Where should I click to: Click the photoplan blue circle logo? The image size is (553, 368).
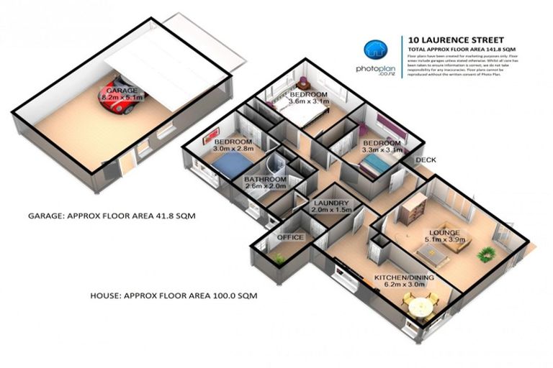coord(374,50)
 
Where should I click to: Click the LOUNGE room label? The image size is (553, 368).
coord(444,233)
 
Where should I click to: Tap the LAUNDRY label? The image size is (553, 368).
coord(331,203)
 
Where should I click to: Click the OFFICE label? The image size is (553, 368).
coord(290,237)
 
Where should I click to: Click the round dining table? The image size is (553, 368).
coord(419,309)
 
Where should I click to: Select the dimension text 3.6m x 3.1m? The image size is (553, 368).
coord(308,102)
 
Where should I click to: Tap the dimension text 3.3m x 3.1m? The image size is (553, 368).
coord(382,150)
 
